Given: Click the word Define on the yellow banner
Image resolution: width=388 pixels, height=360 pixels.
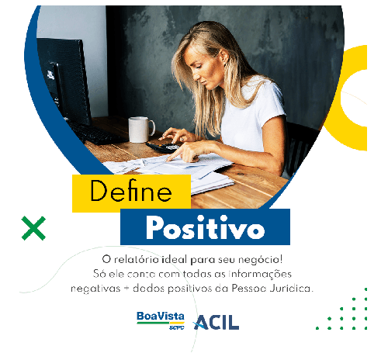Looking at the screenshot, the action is point(131,191).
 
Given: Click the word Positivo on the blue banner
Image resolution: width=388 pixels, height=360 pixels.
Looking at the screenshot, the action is point(205,227).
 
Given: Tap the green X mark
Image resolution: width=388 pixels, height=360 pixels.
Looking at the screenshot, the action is point(33,228).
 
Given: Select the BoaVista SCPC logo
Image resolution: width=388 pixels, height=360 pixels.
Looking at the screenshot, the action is point(161,320).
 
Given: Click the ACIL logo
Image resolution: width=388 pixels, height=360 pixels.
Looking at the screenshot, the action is point(216,322).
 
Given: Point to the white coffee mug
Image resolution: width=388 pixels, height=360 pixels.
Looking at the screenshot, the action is point(141,130).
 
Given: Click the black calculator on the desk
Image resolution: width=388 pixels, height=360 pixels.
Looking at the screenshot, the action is point(162,147).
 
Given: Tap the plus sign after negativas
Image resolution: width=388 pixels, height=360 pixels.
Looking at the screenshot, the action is point(126,289).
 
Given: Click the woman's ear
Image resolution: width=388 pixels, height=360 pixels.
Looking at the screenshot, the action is point(224,57).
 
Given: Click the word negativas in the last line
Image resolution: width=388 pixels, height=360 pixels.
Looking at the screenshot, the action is point(95,289).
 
